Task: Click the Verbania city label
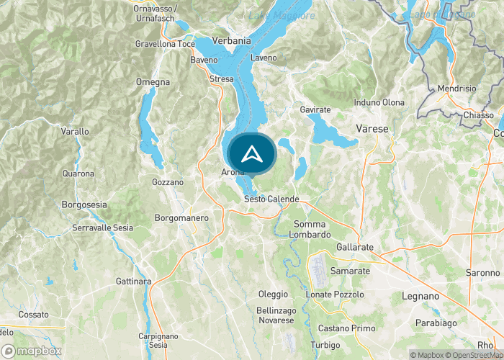[232, 41]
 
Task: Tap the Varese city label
[372, 129]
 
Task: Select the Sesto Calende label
[271, 199]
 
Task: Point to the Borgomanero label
[182, 217]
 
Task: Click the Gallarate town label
[355, 247]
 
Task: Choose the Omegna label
[153, 82]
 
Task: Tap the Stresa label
[221, 78]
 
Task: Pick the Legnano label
[420, 296]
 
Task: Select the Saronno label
[482, 273]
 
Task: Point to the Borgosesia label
[84, 204]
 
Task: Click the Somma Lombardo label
[310, 230]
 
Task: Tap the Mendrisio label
[457, 88]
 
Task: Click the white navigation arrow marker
[251, 153]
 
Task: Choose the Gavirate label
[315, 109]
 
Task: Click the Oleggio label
[273, 294]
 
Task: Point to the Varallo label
[75, 132]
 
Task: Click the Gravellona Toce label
[165, 44]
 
